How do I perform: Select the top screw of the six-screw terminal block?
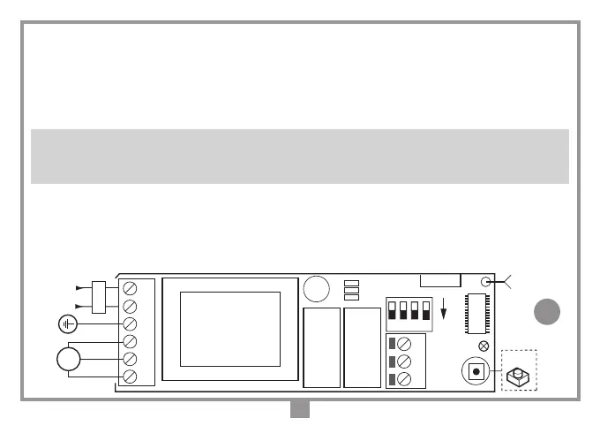pos(130,289)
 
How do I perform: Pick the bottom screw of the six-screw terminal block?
pos(130,377)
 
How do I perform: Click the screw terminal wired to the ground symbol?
pos(130,324)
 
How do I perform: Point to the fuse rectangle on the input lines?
pos(99,297)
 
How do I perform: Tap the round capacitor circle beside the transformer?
pos(315,290)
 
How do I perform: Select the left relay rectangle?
pos(321,347)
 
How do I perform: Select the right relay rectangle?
pos(362,347)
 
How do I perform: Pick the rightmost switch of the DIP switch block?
pos(427,311)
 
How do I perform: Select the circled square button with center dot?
pos(476,371)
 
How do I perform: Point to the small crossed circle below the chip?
pos(483,346)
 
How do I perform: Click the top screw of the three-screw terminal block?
pos(405,343)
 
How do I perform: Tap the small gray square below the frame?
pos(300,410)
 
